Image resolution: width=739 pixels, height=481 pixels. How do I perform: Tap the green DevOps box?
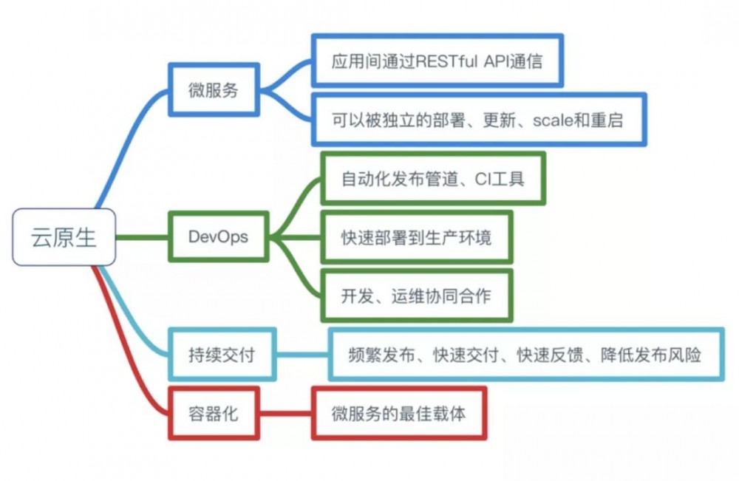(218, 237)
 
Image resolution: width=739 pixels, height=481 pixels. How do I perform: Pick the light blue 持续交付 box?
(222, 355)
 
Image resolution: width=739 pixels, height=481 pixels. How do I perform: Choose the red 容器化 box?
(214, 413)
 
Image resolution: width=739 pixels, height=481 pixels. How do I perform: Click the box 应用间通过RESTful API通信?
(437, 60)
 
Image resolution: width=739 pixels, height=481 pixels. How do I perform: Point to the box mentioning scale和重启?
(479, 119)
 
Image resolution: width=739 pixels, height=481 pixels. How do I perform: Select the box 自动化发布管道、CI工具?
(433, 179)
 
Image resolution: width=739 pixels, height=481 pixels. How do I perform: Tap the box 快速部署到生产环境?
(416, 237)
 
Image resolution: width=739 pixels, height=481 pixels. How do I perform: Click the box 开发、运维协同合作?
(416, 296)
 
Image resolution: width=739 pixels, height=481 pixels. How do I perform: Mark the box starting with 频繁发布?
(525, 355)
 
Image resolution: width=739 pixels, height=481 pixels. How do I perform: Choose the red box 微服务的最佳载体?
(399, 413)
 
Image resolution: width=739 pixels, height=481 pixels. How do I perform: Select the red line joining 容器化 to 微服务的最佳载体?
(285, 413)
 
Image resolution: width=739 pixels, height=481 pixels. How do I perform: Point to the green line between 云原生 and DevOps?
(142, 237)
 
